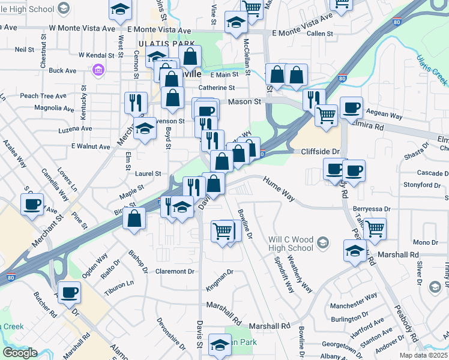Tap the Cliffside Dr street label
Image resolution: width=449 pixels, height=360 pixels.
(x=319, y=152)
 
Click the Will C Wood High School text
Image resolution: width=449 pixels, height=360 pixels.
(x=292, y=243)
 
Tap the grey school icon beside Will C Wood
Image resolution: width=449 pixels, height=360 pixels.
(x=323, y=242)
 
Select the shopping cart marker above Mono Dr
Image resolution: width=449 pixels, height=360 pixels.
(x=375, y=228)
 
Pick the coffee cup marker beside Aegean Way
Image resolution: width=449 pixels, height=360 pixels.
(x=351, y=108)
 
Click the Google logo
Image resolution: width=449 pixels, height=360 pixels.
(x=20, y=353)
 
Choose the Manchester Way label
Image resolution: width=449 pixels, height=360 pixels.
(x=354, y=295)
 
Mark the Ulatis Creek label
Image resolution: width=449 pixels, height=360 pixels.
(x=432, y=70)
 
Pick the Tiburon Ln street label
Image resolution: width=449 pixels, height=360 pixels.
(x=118, y=283)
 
